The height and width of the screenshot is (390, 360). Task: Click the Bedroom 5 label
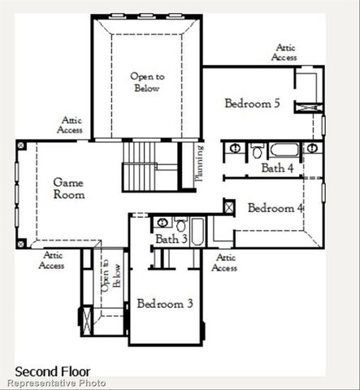point(253,103)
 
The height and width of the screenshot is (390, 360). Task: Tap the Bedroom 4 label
point(275,208)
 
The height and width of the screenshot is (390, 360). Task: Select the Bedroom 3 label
point(165,304)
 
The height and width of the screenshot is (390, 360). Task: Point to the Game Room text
point(69,188)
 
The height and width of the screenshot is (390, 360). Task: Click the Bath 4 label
point(277,168)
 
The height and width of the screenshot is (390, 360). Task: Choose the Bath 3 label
point(171,239)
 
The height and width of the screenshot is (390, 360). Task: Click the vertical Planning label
point(198,165)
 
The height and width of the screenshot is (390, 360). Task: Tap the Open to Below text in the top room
point(147,81)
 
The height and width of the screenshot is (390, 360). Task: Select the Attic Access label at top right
point(286,53)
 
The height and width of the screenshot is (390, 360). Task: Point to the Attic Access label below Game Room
point(51,260)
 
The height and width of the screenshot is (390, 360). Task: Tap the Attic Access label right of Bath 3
point(224,262)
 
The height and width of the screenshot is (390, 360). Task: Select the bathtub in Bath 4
point(284,149)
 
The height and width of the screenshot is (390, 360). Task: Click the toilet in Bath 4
point(257,151)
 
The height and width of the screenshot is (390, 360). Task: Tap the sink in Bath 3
point(163,223)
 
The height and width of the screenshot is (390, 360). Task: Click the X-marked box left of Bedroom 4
point(229,207)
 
